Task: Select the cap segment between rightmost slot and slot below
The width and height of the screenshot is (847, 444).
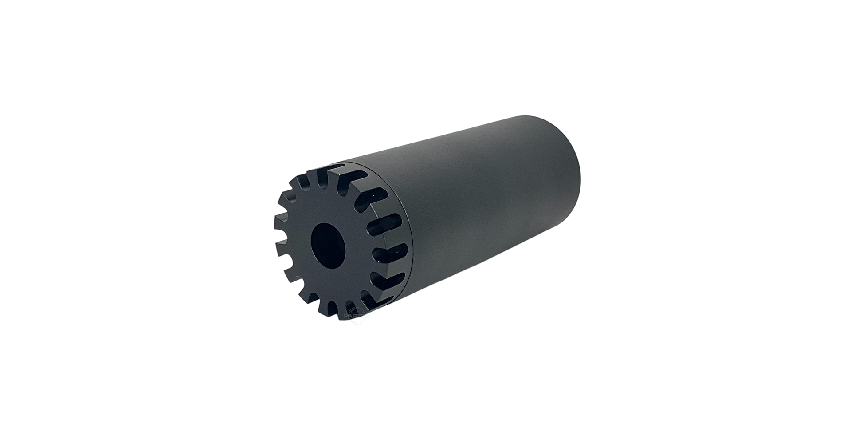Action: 392,266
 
